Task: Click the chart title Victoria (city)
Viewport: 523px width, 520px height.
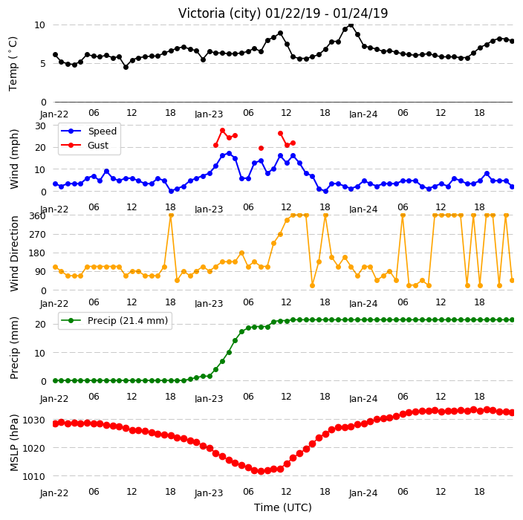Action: (219, 13)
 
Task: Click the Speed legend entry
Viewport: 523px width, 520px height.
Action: (89, 131)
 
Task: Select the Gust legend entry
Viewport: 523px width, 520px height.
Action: (85, 145)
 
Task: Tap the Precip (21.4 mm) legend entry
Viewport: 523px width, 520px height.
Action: (114, 320)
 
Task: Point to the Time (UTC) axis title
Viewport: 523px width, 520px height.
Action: (283, 507)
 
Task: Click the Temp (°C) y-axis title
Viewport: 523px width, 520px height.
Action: (13, 64)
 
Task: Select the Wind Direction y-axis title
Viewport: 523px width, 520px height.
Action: (14, 254)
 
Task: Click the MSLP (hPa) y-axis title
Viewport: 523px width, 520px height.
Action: (14, 443)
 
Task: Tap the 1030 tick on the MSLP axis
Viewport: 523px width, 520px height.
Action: (33, 420)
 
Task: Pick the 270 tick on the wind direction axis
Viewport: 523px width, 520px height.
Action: (37, 235)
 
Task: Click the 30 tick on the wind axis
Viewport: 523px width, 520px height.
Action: (40, 126)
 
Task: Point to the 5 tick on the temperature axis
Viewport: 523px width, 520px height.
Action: (42, 63)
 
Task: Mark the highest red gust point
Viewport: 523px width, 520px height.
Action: (222, 131)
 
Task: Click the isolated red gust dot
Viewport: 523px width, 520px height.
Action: (261, 148)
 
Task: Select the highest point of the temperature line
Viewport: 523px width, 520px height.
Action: (351, 25)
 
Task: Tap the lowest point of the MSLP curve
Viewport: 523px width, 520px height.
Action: (261, 471)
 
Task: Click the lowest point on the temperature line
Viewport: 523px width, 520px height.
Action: (126, 67)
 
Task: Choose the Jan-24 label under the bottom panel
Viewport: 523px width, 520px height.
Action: (363, 493)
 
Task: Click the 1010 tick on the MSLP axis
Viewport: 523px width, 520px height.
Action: (33, 476)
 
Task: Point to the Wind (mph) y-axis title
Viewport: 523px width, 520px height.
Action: (14, 159)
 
